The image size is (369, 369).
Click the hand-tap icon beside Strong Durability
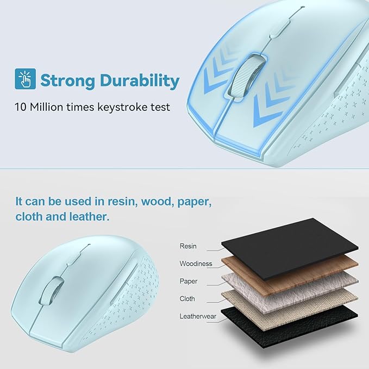(x=25, y=78)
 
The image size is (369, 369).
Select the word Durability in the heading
(x=140, y=80)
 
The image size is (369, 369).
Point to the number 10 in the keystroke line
(x=21, y=107)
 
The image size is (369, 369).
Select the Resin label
(x=188, y=246)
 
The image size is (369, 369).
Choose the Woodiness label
(x=196, y=264)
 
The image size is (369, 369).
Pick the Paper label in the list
(x=189, y=281)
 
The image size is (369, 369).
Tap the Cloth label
(x=187, y=298)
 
